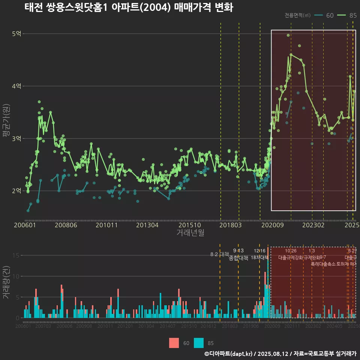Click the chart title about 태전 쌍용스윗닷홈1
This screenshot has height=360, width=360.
pyautogui.click(x=129, y=7)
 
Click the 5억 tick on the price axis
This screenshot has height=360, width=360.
pyautogui.click(x=16, y=34)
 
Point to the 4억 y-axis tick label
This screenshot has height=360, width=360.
pyautogui.click(x=16, y=86)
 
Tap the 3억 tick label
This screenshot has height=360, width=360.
pyautogui.click(x=16, y=139)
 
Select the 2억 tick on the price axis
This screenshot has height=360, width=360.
pyautogui.click(x=16, y=191)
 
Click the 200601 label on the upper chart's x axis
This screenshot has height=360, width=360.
pyautogui.click(x=25, y=225)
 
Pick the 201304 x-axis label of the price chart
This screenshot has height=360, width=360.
pyautogui.click(x=147, y=225)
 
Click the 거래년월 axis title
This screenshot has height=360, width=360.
pyautogui.click(x=190, y=232)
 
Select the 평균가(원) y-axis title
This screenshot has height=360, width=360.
pyautogui.click(x=6, y=120)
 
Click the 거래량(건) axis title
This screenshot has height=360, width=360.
pyautogui.click(x=6, y=282)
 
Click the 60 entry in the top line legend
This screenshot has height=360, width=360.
pyautogui.click(x=324, y=15)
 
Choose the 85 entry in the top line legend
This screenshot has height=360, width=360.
pyautogui.click(x=347, y=15)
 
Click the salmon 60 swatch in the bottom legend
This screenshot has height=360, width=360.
pyautogui.click(x=174, y=343)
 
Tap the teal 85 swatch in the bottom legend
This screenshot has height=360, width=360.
pyautogui.click(x=199, y=343)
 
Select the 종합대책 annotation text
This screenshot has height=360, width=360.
pyautogui.click(x=238, y=258)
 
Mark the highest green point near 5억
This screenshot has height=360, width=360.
pyautogui.click(x=288, y=35)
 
